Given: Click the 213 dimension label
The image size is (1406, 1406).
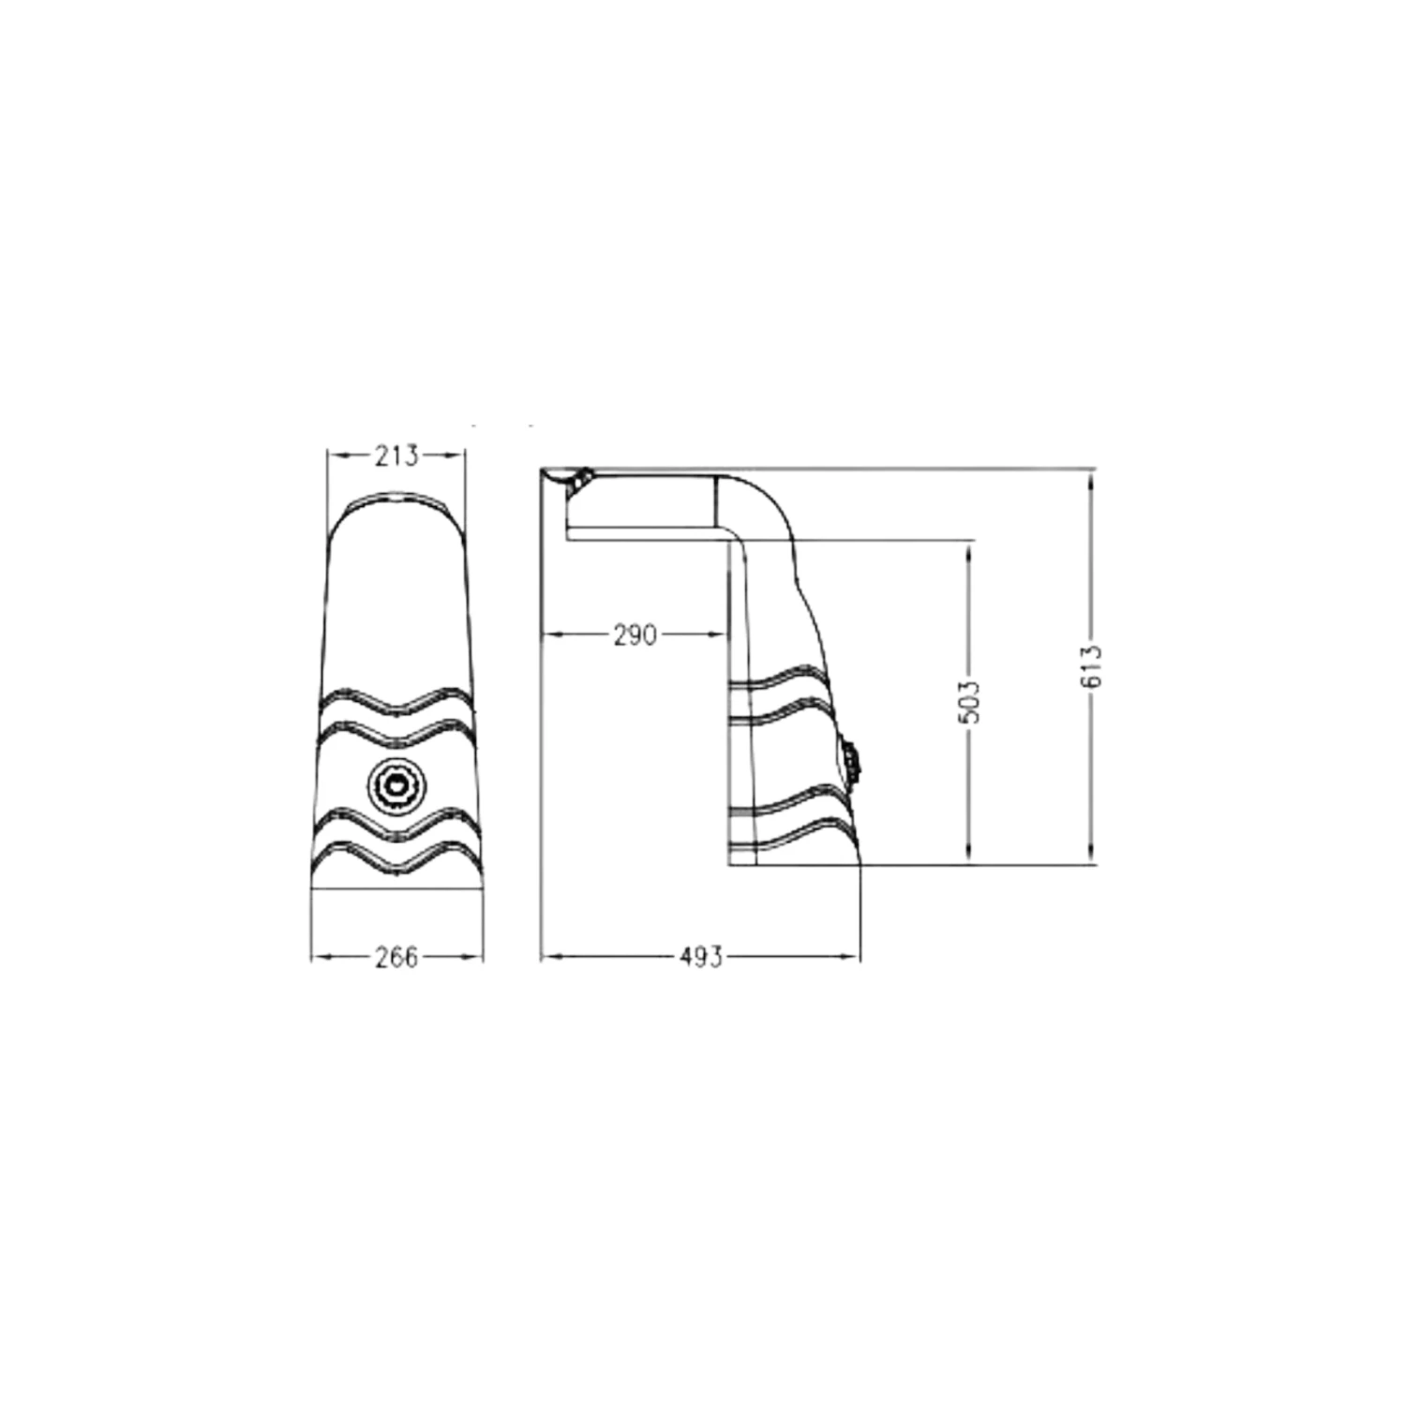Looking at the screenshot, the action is (396, 456).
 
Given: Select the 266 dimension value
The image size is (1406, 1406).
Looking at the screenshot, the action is (396, 957).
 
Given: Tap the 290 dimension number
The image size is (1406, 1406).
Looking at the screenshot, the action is (635, 636).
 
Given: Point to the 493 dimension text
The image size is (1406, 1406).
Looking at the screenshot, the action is (700, 957).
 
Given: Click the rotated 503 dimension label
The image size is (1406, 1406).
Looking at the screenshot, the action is (971, 701).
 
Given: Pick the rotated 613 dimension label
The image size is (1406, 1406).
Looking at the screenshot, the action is (1092, 666).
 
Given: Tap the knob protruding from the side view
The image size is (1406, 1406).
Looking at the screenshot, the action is (852, 760).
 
